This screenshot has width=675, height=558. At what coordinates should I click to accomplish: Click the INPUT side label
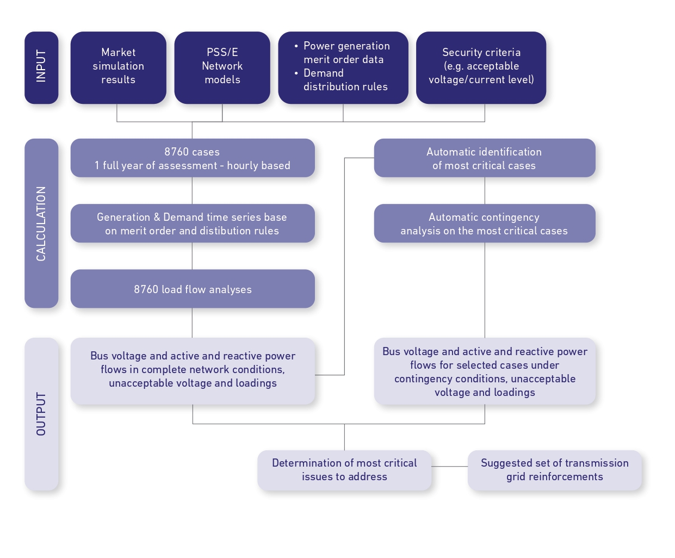tap(41, 67)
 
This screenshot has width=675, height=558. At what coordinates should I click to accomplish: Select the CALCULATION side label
tap(41, 223)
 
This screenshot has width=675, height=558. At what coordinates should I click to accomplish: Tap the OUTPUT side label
tap(41, 414)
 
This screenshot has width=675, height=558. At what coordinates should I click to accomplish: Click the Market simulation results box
tap(118, 67)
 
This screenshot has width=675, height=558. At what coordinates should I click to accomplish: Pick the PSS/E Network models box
tap(222, 67)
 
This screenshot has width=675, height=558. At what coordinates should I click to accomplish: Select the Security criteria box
tap(481, 67)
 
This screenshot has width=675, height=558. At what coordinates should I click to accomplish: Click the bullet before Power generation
tap(296, 46)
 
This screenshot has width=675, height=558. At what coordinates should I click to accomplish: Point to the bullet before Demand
tap(296, 73)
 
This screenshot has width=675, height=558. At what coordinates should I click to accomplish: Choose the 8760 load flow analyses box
tap(193, 289)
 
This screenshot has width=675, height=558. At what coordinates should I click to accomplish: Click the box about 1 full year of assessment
tap(193, 158)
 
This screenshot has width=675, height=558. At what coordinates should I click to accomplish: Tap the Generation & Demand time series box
tap(193, 224)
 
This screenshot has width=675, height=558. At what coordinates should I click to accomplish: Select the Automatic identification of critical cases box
tap(484, 158)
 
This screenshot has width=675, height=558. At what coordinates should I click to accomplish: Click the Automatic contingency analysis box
tap(484, 224)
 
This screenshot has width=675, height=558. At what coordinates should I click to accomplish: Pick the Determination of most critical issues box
tap(344, 470)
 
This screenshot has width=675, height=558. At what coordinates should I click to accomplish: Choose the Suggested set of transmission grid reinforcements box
tap(554, 470)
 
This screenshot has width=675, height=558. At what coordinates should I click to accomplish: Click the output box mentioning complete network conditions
tap(193, 370)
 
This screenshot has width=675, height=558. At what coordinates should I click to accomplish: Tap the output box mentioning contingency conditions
tap(484, 371)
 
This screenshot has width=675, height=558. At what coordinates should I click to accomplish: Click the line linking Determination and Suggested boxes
tap(449, 467)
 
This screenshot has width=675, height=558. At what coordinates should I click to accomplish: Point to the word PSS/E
tap(222, 53)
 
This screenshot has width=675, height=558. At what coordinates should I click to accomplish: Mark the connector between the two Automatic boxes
tap(485, 190)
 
